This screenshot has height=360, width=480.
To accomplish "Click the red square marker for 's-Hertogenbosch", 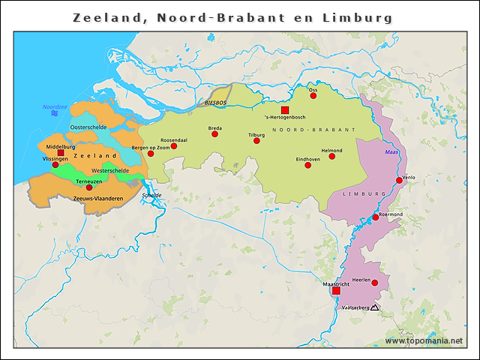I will pyautogui.click(x=285, y=110).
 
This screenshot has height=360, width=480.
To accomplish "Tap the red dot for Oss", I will pyautogui.click(x=313, y=95).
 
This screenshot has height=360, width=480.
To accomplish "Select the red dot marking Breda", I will pyautogui.click(x=215, y=134).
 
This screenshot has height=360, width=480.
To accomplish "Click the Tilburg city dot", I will pyautogui.click(x=256, y=140).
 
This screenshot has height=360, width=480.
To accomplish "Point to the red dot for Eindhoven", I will pyautogui.click(x=307, y=165).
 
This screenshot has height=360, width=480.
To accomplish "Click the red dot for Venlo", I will pyautogui.click(x=399, y=180).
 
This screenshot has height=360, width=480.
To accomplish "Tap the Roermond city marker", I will pyautogui.click(x=376, y=217).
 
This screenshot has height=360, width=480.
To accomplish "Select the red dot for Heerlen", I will pyautogui.click(x=375, y=283).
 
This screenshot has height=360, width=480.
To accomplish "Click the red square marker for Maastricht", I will pyautogui.click(x=336, y=291).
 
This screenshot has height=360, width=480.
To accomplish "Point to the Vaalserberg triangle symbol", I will pyautogui.click(x=374, y=307).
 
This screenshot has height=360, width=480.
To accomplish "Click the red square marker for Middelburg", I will pyautogui.click(x=61, y=152).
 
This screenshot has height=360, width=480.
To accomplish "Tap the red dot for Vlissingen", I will pyautogui.click(x=55, y=164).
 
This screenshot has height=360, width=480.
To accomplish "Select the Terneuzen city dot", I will pyautogui.click(x=89, y=187).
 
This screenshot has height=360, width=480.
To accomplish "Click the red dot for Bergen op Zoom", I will pyautogui.click(x=151, y=153).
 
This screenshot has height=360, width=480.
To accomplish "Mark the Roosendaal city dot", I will pyautogui.click(x=174, y=145).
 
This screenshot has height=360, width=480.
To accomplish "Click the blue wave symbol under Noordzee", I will pyautogui.click(x=55, y=114).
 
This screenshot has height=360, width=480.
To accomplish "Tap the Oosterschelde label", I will pyautogui.click(x=88, y=127).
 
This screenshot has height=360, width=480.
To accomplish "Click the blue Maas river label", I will pyautogui.click(x=392, y=152).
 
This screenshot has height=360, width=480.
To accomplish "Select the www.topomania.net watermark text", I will pyautogui.click(x=424, y=340).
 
